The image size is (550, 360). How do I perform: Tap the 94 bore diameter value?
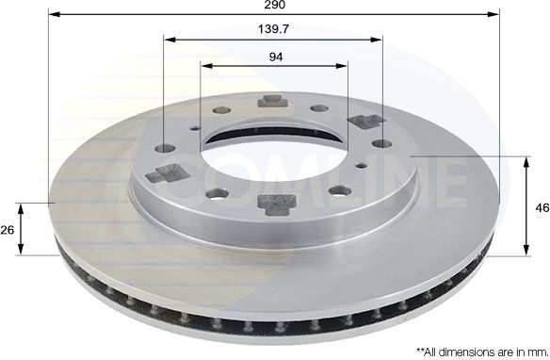click(275, 57)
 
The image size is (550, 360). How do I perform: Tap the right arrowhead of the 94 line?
click(343, 67)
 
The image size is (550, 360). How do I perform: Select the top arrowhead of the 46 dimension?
click(526, 158)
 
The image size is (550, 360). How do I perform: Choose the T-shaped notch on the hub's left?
click(169, 172)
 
